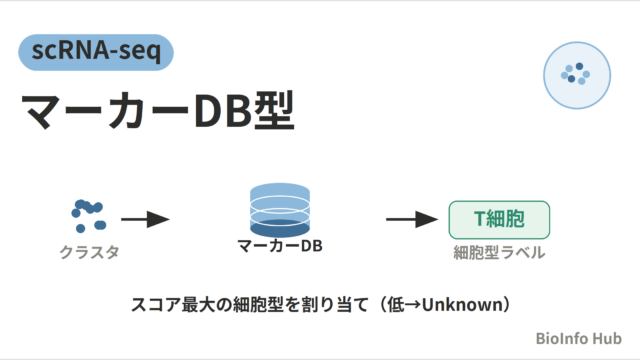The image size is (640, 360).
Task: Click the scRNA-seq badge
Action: click(x=96, y=52)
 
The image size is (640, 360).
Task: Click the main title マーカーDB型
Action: click(x=158, y=110)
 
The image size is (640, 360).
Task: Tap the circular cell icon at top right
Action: click(x=577, y=75)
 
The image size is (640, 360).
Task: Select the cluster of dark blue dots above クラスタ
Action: click(x=89, y=216)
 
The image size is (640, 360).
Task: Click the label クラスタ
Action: click(x=89, y=252)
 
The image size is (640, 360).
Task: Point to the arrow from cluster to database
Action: click(x=145, y=219)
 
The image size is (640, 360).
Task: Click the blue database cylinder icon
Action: click(x=280, y=210)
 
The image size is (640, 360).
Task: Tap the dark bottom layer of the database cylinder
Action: click(x=280, y=229)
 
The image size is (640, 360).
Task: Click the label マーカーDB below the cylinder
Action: click(x=280, y=246)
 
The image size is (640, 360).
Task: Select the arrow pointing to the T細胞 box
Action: click(x=412, y=219)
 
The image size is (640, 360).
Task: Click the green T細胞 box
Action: click(x=499, y=220)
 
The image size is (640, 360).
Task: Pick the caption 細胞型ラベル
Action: click(x=499, y=252)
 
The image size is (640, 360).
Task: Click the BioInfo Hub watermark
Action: click(x=579, y=338)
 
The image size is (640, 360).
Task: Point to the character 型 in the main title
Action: click(x=274, y=110)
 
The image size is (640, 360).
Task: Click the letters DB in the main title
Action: click(x=223, y=111)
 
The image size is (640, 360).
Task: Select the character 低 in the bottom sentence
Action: click(x=396, y=304)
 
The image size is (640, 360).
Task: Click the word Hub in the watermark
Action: click(x=607, y=338)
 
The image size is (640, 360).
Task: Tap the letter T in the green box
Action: click(x=480, y=219)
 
